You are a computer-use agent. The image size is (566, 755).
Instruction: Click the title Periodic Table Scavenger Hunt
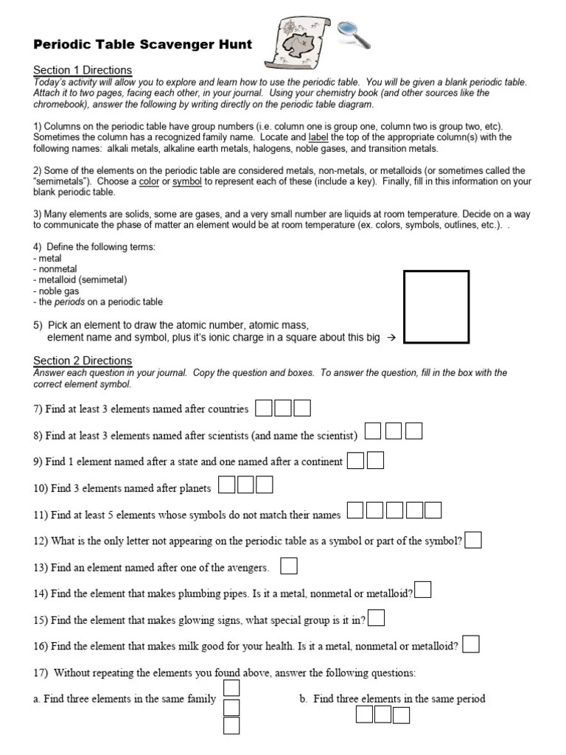143,44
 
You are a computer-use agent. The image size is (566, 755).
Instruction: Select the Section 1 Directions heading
83,70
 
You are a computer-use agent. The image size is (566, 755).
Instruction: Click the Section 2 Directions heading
83,361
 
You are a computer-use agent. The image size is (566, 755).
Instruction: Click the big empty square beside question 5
436,307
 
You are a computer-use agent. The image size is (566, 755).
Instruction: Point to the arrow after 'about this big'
391,338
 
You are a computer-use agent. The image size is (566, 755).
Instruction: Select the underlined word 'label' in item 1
318,138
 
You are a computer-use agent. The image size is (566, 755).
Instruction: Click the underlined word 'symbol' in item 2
188,181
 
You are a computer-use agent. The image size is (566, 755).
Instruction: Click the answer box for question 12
473,540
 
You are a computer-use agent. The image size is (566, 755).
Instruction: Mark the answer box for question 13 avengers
290,566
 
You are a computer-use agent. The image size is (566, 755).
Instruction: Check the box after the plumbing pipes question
423,591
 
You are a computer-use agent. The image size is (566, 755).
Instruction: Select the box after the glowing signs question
376,618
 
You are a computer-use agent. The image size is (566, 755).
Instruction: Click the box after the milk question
471,644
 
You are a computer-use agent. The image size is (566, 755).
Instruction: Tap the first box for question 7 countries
264,408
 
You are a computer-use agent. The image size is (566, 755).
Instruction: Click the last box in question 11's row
433,509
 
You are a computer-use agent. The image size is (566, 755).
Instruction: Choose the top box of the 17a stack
231,688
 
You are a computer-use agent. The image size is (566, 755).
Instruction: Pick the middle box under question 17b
382,714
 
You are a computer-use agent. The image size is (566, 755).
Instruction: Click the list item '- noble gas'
56,291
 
